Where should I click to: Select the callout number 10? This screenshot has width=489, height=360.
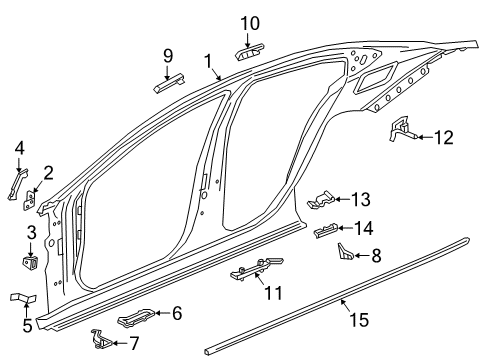pyautogui.click(x=250, y=21)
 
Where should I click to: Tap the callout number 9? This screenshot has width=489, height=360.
pyautogui.click(x=168, y=55)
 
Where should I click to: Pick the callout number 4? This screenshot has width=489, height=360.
pyautogui.click(x=19, y=150)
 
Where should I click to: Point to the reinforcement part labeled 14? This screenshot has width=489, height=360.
pyautogui.click(x=327, y=232)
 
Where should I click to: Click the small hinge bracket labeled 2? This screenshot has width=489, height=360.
pyautogui.click(x=30, y=203)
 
